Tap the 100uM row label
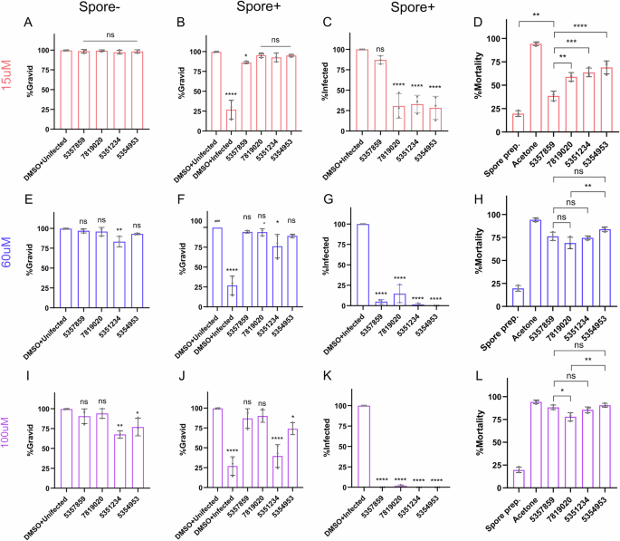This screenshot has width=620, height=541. tap(10, 441)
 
